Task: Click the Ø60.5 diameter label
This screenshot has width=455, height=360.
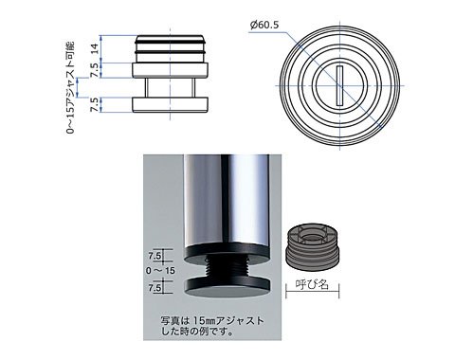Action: click(x=264, y=25)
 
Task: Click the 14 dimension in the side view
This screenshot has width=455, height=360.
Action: click(x=95, y=48)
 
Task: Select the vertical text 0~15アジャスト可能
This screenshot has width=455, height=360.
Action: click(x=71, y=87)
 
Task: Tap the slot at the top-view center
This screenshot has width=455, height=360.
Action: click(x=339, y=85)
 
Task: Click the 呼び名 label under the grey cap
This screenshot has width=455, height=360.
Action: click(x=312, y=284)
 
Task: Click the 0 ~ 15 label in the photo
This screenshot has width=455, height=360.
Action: click(x=160, y=271)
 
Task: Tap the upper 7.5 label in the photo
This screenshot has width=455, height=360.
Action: click(x=155, y=256)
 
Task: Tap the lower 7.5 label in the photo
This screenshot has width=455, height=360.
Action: click(x=155, y=288)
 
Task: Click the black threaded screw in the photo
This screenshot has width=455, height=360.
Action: click(x=227, y=267)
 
